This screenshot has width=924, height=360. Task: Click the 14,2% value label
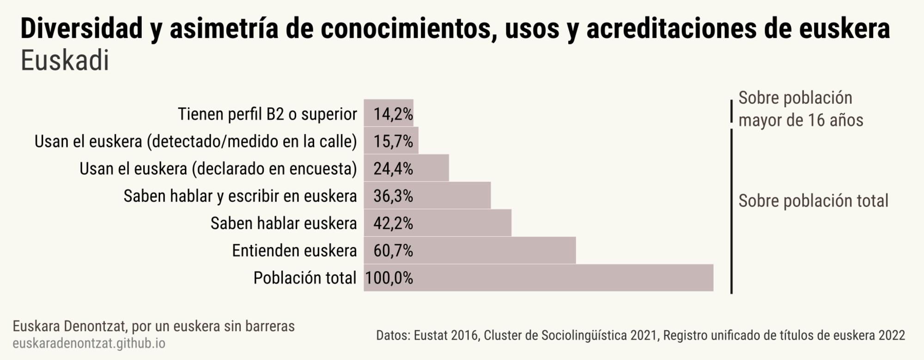coord(393,114)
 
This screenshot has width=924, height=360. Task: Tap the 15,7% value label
coord(393,141)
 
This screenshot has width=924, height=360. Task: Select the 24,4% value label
coord(393,169)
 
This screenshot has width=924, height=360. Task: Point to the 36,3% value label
coord(393,196)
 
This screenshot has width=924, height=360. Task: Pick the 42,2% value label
coord(393,223)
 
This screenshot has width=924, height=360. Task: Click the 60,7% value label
coord(393,250)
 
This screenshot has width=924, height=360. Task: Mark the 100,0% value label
coord(389,278)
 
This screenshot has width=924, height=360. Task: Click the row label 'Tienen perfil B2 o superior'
coord(267,114)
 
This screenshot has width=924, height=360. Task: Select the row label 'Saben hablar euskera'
coord(284,223)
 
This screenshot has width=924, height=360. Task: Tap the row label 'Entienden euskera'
coord(294,250)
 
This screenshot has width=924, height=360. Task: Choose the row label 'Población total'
coord(305,278)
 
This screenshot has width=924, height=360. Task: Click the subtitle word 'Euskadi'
coord(65,61)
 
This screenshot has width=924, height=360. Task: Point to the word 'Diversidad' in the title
coord(82,29)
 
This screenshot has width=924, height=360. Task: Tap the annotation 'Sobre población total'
coord(813,201)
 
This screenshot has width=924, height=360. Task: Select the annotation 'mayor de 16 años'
coord(801,120)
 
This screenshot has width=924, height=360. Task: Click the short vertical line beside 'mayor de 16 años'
coord(731,111)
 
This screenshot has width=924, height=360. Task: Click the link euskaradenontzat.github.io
coord(89,343)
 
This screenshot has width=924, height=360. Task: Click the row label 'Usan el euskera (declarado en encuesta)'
coord(218,169)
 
